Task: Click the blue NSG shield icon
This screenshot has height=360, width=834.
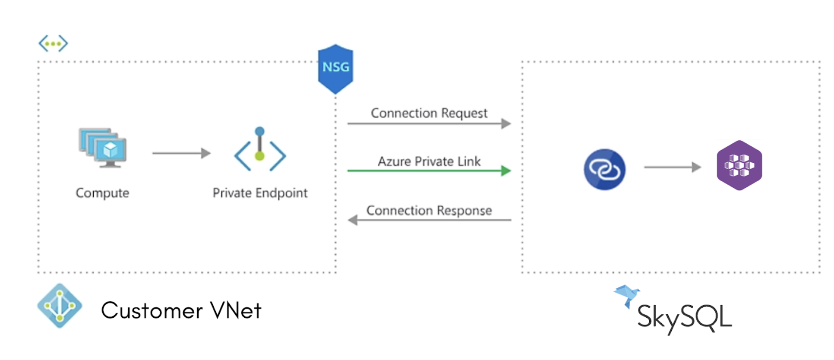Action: click(x=335, y=68)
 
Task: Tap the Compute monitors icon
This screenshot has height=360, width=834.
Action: click(x=103, y=147)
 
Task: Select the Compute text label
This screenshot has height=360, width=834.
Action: click(x=102, y=193)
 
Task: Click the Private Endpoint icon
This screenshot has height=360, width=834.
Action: click(x=260, y=150)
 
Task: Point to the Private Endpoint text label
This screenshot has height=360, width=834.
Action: click(x=260, y=193)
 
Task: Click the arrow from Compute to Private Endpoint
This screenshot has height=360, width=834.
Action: click(x=181, y=153)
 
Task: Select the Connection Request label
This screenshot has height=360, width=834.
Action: click(x=429, y=113)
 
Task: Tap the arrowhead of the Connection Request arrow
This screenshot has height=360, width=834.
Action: click(x=506, y=124)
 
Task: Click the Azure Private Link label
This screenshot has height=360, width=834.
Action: click(x=429, y=161)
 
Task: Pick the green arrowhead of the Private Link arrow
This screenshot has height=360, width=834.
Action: click(x=506, y=171)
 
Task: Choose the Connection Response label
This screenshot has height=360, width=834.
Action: click(x=429, y=211)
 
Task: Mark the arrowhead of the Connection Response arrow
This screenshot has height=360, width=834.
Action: click(x=353, y=220)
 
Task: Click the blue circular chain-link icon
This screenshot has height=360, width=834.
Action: click(x=604, y=169)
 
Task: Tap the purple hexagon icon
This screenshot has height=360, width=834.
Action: click(x=739, y=165)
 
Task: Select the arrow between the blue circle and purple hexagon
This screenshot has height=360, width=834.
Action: click(x=672, y=167)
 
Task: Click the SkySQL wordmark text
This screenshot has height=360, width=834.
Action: click(x=684, y=317)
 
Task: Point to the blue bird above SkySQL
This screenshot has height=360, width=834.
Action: click(x=627, y=295)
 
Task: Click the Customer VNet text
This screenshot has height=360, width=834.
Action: click(x=181, y=311)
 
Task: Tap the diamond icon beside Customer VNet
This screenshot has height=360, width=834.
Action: click(x=60, y=306)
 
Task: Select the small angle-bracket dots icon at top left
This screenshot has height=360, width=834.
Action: click(x=53, y=44)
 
